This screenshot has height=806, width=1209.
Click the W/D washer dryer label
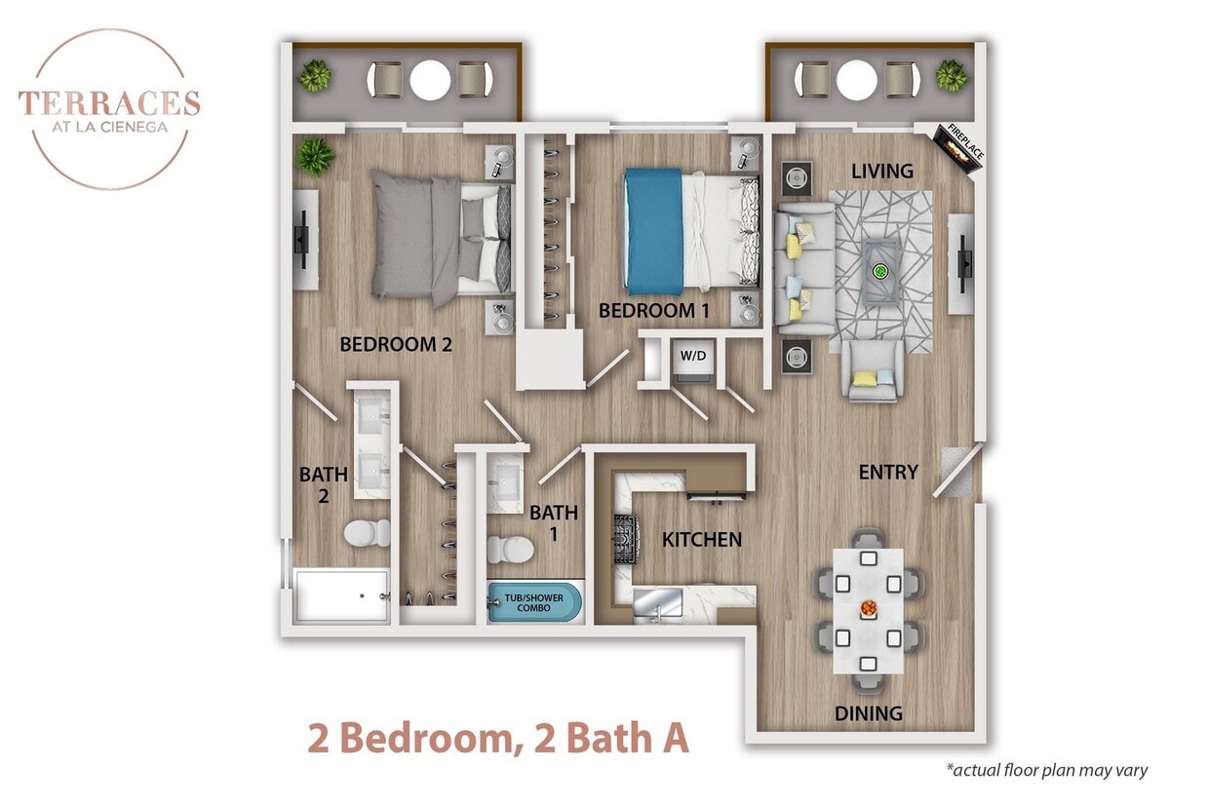click(693, 356)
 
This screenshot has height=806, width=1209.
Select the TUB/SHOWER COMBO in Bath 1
click(533, 602)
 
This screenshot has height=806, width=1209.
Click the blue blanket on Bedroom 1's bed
click(653, 231)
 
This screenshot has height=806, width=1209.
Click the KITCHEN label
click(702, 539)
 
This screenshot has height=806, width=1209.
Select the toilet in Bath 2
click(366, 533)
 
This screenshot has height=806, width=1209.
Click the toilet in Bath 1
click(510, 550)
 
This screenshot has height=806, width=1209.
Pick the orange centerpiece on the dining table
click(867, 609)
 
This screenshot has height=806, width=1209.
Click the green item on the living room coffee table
click(881, 271)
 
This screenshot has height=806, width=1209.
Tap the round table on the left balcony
click(430, 80)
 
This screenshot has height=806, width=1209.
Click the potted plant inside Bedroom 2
click(315, 156)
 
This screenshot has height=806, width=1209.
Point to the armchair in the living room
click(872, 372)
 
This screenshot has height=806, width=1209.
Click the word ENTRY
click(888, 473)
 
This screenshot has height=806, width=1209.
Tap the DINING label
click(868, 713)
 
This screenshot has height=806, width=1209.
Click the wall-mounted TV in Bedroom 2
click(303, 238)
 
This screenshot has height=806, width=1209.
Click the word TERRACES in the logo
click(109, 102)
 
